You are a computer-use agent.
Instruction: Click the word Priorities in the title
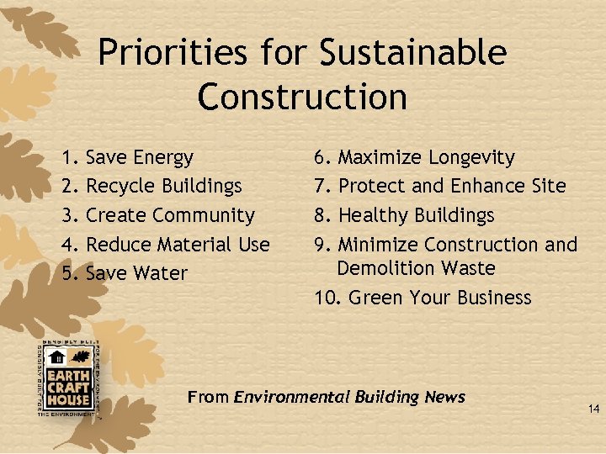coord(173,54)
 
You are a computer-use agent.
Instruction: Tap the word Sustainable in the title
coord(413,54)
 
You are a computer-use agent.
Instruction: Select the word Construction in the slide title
coord(302,97)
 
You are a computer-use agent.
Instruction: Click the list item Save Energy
coord(140,158)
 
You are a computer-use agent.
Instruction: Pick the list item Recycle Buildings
coord(164,186)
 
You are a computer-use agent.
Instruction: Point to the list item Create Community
coord(170,215)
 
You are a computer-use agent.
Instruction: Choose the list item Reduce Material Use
coord(178,245)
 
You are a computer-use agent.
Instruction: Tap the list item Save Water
coord(136,273)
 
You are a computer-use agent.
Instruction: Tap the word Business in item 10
coord(492,298)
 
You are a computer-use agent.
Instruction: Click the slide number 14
coord(593,409)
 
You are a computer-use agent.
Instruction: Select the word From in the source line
coord(208,397)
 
